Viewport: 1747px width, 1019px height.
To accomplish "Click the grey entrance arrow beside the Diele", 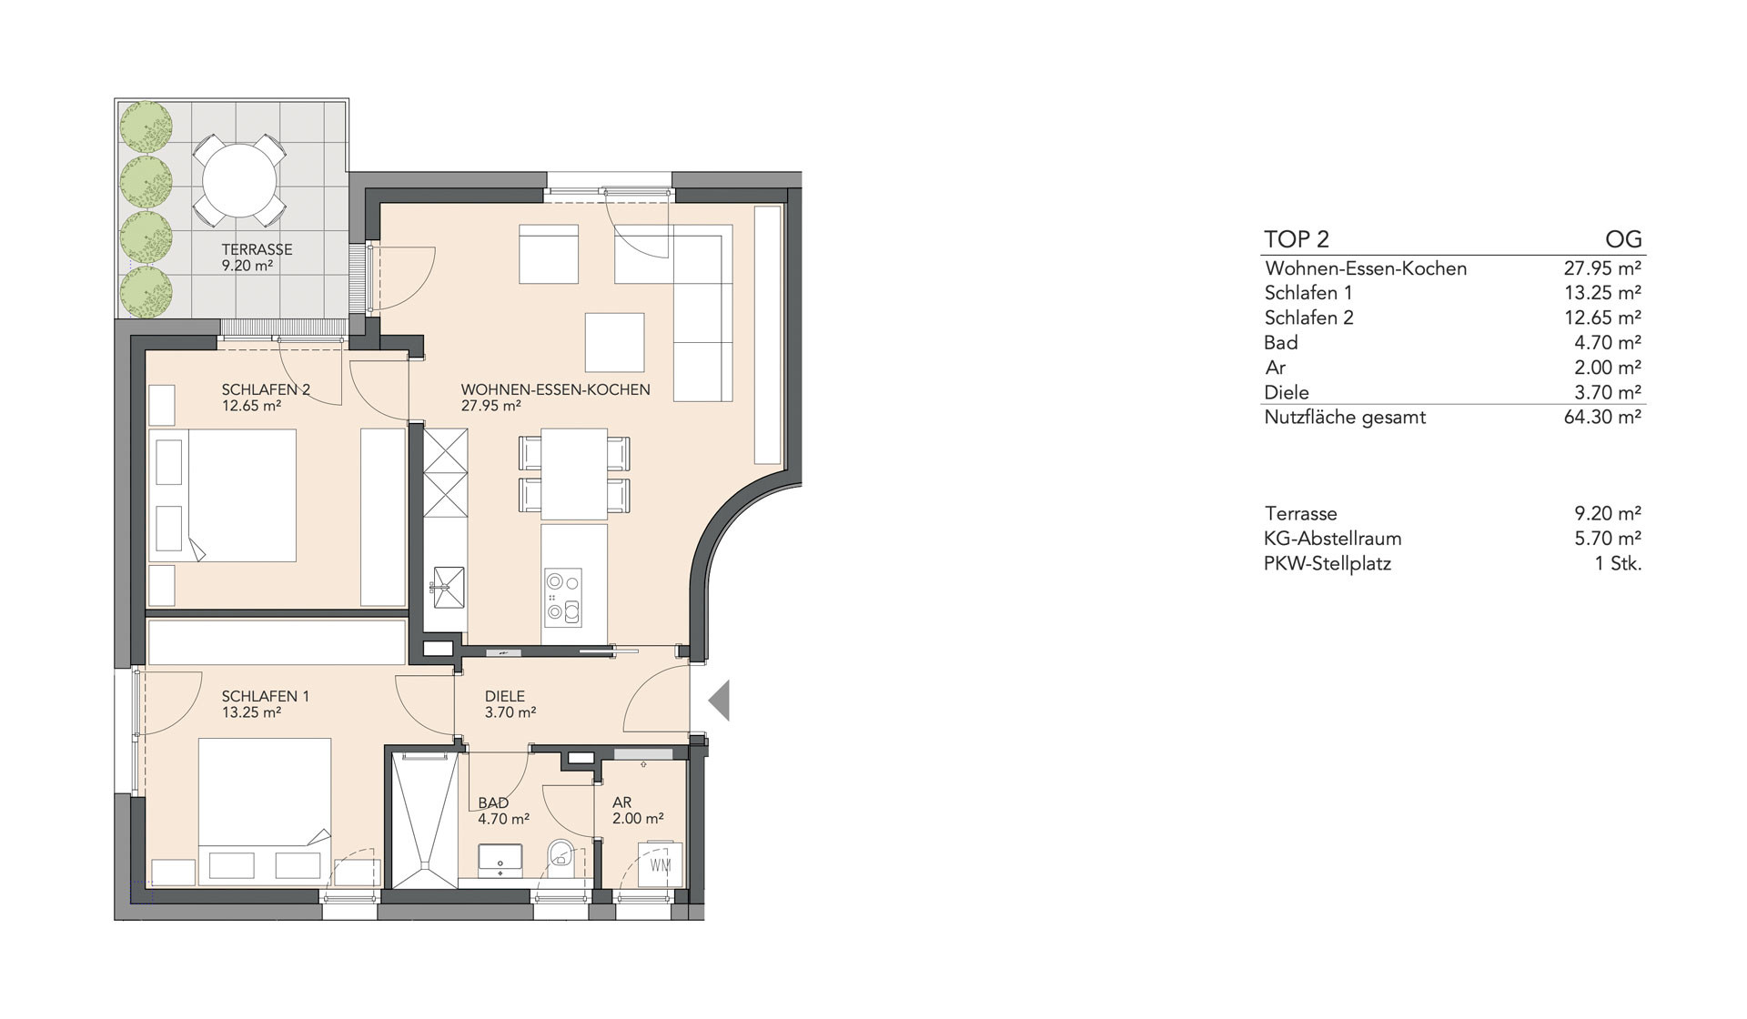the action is point(721,701).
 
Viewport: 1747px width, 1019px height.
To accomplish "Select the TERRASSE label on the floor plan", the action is point(257,249).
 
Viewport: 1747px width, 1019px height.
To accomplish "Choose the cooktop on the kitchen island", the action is point(563,597).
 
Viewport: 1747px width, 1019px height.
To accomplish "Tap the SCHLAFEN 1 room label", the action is point(266,697).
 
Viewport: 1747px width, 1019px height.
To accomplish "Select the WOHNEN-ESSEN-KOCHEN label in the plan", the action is point(556,390).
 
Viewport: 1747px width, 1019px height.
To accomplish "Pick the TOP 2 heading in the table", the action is point(1297,239).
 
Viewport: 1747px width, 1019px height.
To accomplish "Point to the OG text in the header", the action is point(1624,239).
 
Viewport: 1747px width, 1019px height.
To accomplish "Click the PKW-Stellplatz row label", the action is point(1328,563).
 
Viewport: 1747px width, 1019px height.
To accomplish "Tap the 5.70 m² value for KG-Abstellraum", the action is point(1608,538).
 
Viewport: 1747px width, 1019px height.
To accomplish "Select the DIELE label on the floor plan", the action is point(505,697).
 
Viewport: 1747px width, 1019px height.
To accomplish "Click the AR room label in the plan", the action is point(622,803).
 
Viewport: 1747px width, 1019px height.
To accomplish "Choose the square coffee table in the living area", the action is point(614,342).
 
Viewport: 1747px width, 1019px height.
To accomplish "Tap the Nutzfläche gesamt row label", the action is point(1345,418).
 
